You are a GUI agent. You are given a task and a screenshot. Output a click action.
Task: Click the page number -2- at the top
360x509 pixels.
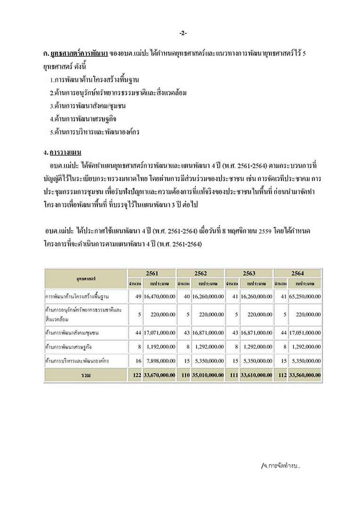183,33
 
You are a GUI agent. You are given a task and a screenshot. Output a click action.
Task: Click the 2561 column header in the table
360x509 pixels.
152,273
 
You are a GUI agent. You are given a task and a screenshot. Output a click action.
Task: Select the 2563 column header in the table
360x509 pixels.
249,273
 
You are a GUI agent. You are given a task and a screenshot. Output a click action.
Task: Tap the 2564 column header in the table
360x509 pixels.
297,273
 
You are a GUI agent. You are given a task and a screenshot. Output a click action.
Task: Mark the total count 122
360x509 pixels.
136,375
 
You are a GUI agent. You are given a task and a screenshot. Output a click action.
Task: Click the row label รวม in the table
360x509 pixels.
85,375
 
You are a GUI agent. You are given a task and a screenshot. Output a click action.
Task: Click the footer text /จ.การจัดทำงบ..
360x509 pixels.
281,466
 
